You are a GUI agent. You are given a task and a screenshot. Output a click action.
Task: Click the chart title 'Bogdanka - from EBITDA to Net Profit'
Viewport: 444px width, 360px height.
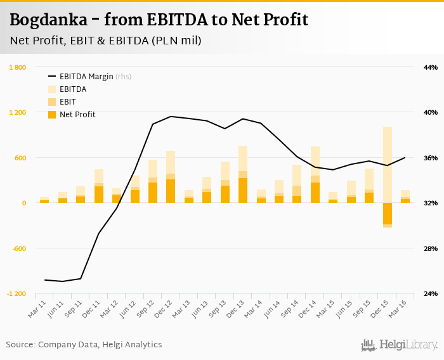pyautogui.click(x=159, y=20)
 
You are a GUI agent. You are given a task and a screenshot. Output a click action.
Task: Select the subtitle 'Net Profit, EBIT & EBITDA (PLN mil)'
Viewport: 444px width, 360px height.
pyautogui.click(x=105, y=41)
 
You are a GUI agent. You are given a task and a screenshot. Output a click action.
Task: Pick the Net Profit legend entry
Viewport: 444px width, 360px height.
pyautogui.click(x=77, y=114)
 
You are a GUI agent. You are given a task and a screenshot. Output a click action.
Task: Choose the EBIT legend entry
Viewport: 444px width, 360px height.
pyautogui.click(x=67, y=101)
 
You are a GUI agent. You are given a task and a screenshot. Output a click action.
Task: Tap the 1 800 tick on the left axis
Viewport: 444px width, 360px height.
pyautogui.click(x=17, y=67)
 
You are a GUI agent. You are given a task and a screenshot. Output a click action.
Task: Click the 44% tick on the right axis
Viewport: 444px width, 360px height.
pyautogui.click(x=431, y=67)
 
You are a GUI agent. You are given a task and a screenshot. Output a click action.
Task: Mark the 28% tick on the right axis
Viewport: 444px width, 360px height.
pyautogui.click(x=431, y=248)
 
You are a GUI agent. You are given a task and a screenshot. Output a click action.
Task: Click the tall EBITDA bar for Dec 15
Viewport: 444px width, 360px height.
pyautogui.click(x=387, y=165)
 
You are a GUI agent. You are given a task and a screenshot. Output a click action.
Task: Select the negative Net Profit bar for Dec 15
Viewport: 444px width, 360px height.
pyautogui.click(x=387, y=214)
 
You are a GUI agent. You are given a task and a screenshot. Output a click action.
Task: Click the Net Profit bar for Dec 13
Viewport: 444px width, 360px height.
pyautogui.click(x=243, y=190)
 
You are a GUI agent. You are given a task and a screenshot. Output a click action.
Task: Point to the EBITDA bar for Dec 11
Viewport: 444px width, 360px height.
pyautogui.click(x=99, y=176)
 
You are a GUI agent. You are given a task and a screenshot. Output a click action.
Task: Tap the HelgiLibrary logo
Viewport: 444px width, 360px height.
pyautogui.click(x=400, y=345)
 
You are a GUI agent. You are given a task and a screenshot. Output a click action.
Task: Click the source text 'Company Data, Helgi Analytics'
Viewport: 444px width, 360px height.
pyautogui.click(x=100, y=345)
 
